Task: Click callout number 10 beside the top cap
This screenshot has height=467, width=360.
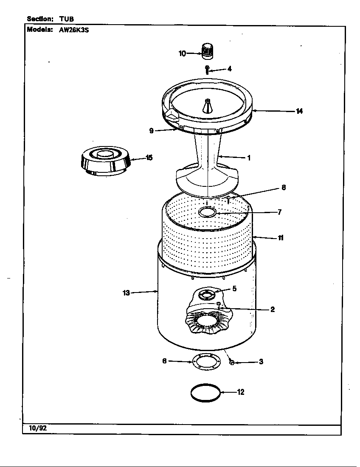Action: coord(182,53)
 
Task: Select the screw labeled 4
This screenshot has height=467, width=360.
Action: coord(207,70)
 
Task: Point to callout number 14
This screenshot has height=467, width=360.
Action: coord(299,111)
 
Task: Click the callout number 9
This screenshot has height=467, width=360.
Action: coord(151,131)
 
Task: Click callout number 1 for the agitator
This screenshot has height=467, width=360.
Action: coord(249,158)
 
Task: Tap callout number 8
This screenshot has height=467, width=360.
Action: coord(284,187)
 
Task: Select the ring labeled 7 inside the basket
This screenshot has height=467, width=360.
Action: coord(207,213)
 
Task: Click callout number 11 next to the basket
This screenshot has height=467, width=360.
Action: coord(281,238)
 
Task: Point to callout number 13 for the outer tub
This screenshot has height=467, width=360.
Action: coord(126,293)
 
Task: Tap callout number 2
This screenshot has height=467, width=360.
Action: coord(273,309)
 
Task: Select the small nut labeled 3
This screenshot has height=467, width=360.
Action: coord(232,362)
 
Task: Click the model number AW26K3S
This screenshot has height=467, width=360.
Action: coord(71,30)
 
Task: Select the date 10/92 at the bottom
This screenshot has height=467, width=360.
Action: coord(38,428)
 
